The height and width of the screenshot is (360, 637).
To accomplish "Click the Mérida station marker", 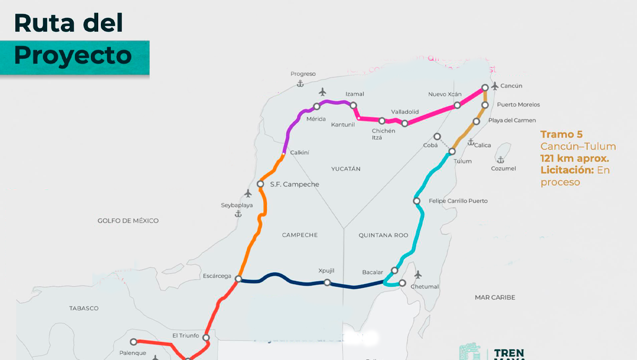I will pyautogui.click(x=317, y=106).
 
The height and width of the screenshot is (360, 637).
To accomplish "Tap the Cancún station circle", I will pyautogui.click(x=485, y=88).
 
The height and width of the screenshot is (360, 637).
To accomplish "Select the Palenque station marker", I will pyautogui.click(x=134, y=342).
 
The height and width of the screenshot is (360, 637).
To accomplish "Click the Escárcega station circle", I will pyautogui.click(x=239, y=279).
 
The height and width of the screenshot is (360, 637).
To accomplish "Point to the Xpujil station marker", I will pyautogui.click(x=328, y=282).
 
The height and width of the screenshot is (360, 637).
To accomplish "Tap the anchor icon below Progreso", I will pyautogui.click(x=300, y=84).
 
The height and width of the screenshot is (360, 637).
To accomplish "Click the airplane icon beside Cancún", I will pyautogui.click(x=495, y=85).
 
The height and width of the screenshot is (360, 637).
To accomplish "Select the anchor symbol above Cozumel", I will pyautogui.click(x=500, y=159).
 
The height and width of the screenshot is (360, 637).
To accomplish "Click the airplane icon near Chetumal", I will pyautogui.click(x=418, y=275).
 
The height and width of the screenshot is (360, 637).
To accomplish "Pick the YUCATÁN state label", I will pyautogui.click(x=346, y=169).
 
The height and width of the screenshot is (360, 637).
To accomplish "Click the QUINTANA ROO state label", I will pyautogui.click(x=383, y=235).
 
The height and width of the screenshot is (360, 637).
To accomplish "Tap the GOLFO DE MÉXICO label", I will pyautogui.click(x=128, y=220).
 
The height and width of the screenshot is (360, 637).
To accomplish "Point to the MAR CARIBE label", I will pyautogui.click(x=495, y=297).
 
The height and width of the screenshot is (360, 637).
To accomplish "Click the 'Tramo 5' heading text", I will pyautogui.click(x=561, y=134).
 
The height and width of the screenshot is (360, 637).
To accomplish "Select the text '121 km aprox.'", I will pyautogui.click(x=574, y=158).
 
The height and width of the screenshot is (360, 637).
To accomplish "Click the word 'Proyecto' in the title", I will pyautogui.click(x=73, y=55).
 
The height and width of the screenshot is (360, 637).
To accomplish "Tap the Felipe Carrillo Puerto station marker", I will pyautogui.click(x=417, y=201).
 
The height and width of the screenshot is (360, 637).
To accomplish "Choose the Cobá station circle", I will pyautogui.click(x=437, y=136).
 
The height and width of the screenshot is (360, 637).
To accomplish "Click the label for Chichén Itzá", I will pyautogui.click(x=384, y=134).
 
